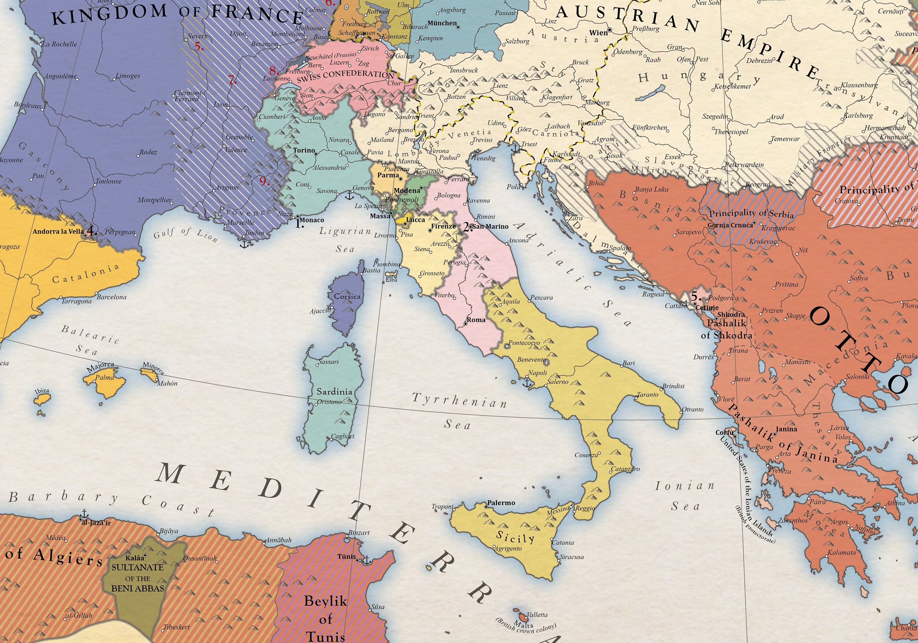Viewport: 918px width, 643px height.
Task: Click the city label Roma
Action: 476,320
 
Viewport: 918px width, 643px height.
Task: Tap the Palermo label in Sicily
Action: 501,503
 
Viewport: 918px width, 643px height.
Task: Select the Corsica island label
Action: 347,297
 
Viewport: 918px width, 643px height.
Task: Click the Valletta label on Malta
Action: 537,615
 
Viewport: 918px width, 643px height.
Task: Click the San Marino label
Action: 491,227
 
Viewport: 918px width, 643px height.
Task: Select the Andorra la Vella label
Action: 58,231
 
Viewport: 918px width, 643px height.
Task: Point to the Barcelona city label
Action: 112,297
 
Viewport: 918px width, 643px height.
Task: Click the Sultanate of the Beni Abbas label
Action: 137,578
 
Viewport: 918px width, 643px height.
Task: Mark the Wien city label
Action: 598,33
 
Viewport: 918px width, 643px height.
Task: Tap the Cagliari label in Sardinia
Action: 343,436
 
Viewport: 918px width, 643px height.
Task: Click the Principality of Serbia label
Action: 751,213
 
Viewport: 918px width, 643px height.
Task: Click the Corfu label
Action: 724,432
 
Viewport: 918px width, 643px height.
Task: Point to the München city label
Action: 442,23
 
